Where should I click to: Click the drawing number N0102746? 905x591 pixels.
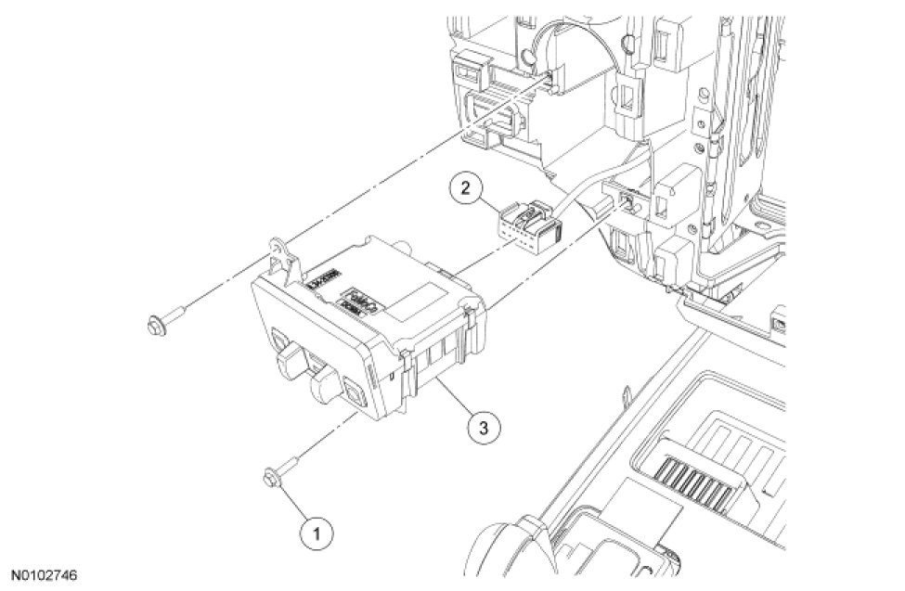[48, 575]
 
